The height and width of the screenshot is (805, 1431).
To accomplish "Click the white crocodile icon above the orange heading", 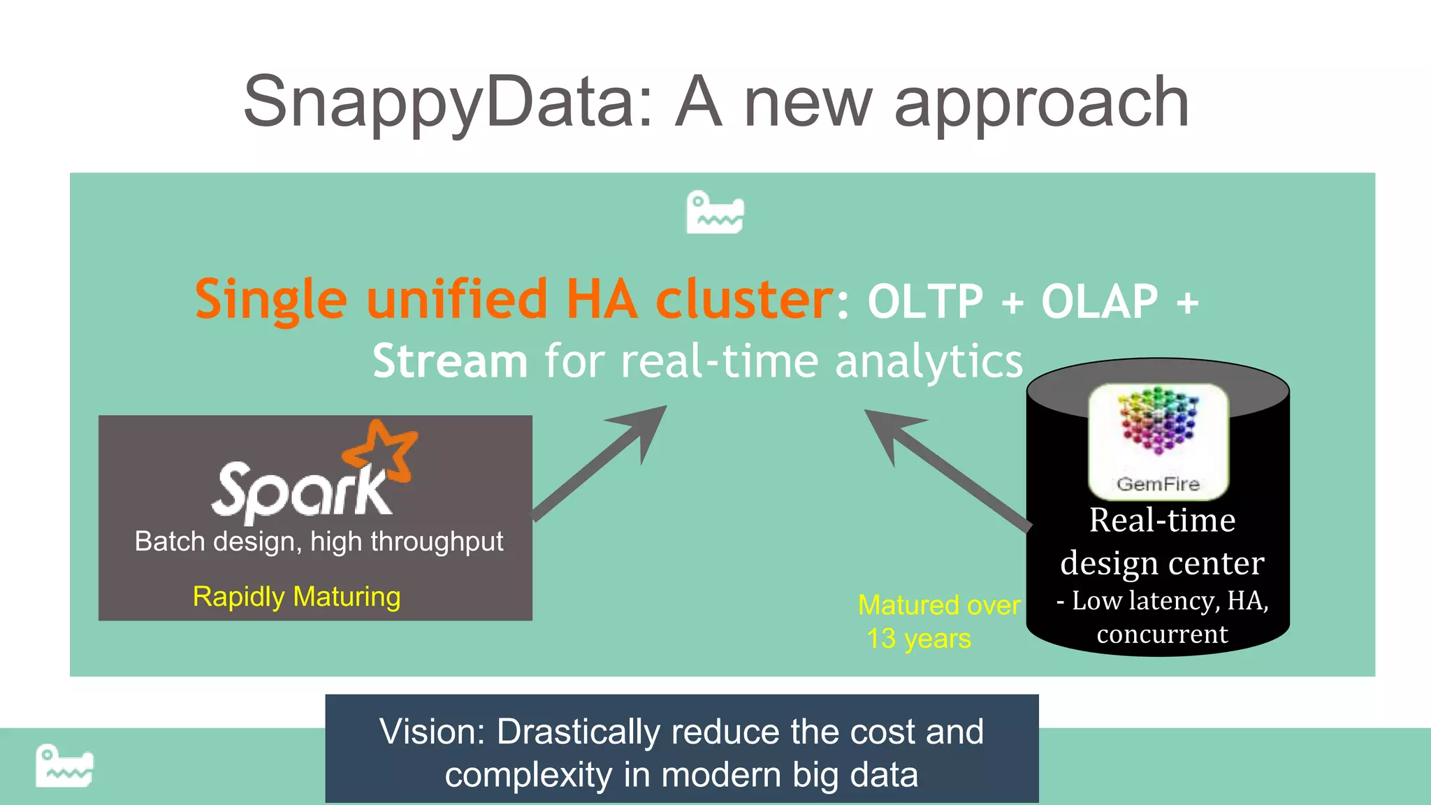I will click(715, 212).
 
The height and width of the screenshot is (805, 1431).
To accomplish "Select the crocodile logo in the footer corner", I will click(64, 766).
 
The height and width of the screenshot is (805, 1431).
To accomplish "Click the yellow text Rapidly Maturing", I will click(296, 597).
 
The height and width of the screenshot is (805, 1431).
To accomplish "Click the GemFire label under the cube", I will click(1158, 484).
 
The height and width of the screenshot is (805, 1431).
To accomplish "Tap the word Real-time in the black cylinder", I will click(1162, 521).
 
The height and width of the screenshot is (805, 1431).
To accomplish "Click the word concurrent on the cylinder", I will click(1162, 634).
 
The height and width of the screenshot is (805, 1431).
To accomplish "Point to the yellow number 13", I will click(881, 639).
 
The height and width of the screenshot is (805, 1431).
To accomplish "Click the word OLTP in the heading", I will click(925, 302).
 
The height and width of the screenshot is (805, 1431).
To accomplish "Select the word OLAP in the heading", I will click(1099, 302).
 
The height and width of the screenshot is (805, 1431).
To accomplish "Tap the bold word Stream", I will click(449, 361).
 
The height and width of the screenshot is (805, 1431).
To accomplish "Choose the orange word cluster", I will click(744, 299).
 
